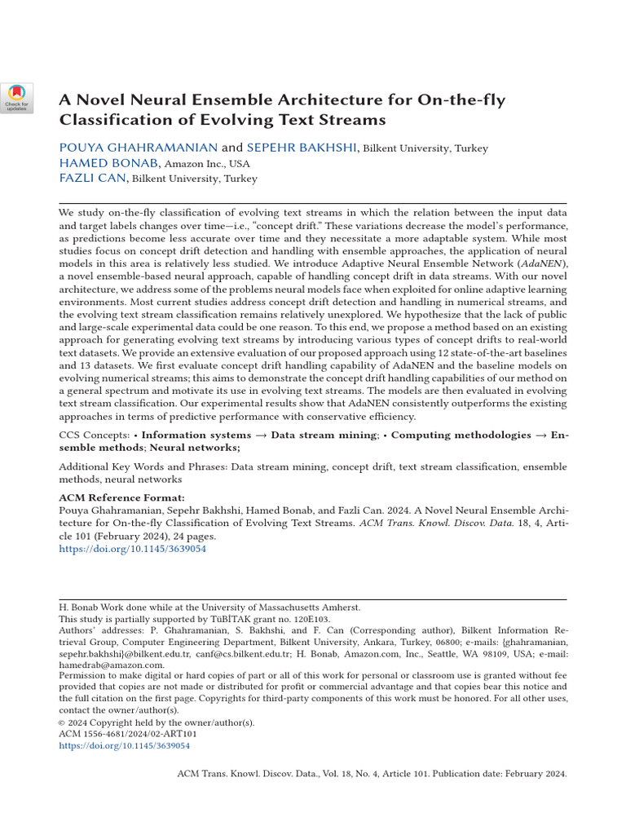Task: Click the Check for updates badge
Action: [16, 96]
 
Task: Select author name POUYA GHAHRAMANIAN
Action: [139, 148]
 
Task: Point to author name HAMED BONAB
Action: [109, 163]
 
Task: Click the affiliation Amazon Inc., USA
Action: [207, 164]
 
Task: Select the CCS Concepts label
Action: [94, 435]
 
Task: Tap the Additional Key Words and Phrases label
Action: [143, 467]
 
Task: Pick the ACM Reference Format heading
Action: [121, 498]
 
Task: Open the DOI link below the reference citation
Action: [133, 550]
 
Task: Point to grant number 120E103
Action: [310, 619]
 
